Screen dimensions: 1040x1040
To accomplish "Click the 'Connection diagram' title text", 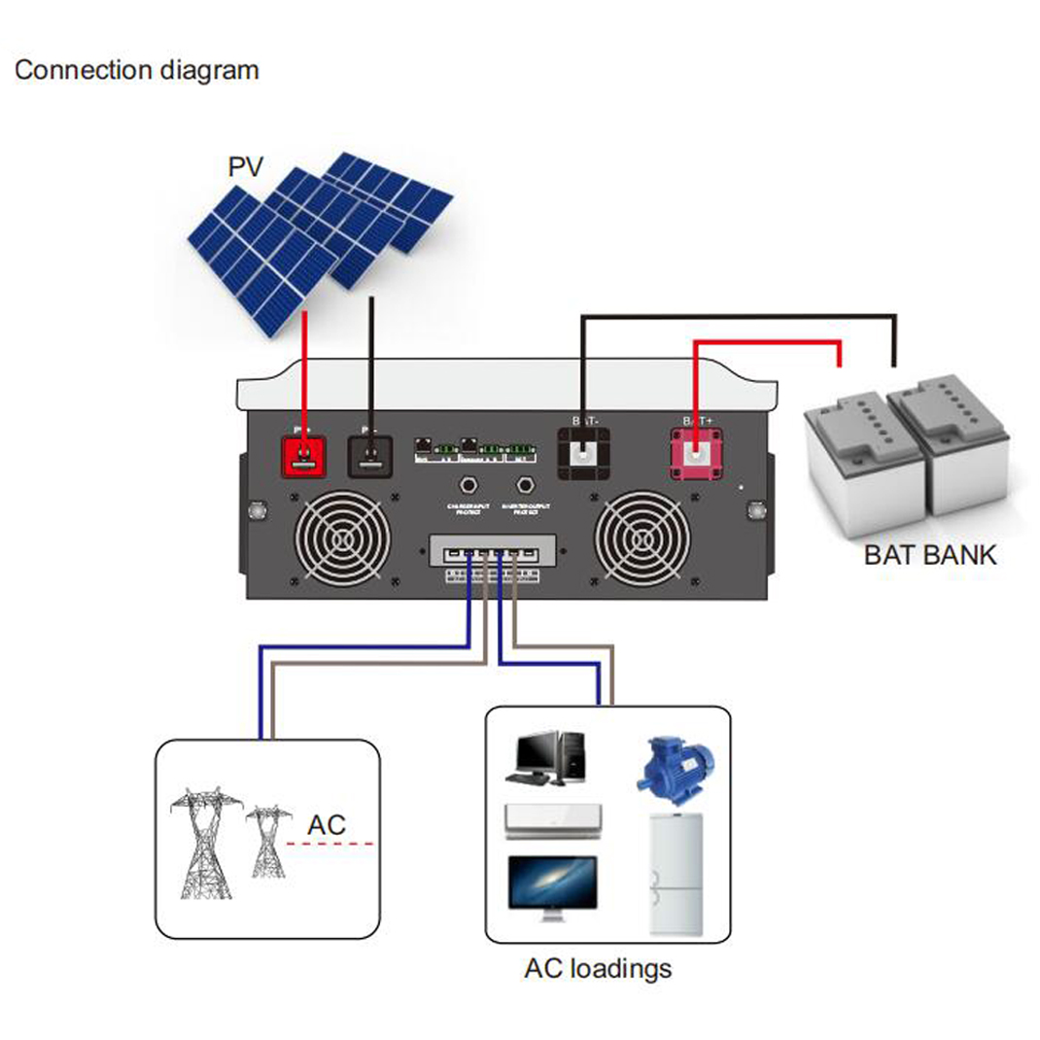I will [x=137, y=71].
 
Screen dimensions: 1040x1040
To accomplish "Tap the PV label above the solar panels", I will [x=245, y=166].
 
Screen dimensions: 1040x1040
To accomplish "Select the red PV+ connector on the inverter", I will [x=306, y=455].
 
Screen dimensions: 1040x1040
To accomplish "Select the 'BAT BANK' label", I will [x=930, y=556].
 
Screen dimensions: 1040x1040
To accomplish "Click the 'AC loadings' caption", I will [x=597, y=968].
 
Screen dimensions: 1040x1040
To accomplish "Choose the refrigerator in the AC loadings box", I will [x=676, y=873].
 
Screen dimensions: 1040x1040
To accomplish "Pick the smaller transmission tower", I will [x=267, y=842].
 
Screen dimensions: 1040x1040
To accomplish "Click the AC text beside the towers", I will [x=327, y=825].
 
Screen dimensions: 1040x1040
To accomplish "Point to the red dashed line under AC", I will [x=330, y=844].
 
